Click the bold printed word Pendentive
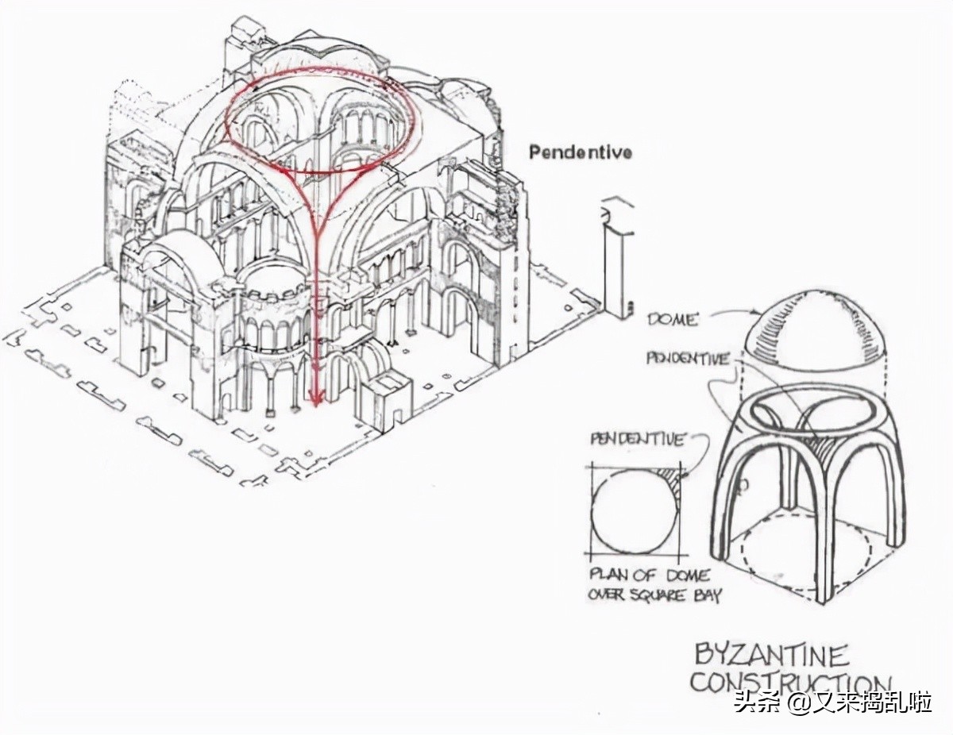pos(581,151)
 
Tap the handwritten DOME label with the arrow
pos(672,319)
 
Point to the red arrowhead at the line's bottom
pos(316,397)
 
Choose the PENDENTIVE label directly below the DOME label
pos(688,359)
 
